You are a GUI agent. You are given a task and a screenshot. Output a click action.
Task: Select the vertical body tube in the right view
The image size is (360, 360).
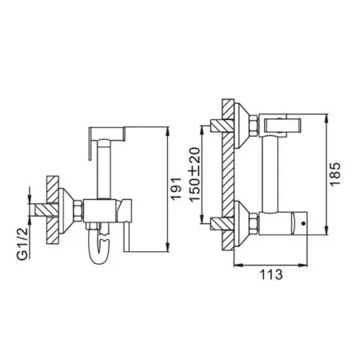click(x=270, y=168)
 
